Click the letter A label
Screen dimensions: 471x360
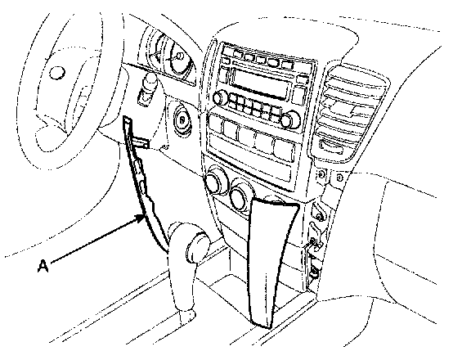(x=43, y=266)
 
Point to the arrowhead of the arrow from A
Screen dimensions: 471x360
(x=141, y=218)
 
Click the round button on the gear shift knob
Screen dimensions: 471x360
(x=196, y=247)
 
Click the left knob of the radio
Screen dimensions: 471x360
(x=219, y=98)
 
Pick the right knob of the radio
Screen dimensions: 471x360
(x=289, y=119)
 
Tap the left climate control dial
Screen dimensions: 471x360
(x=216, y=180)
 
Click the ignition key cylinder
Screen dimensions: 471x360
(x=182, y=119)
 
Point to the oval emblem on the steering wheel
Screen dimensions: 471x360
(x=56, y=73)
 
